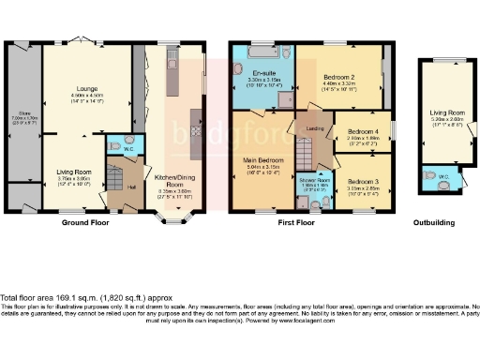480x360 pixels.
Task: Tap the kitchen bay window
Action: click(x=172, y=218)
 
